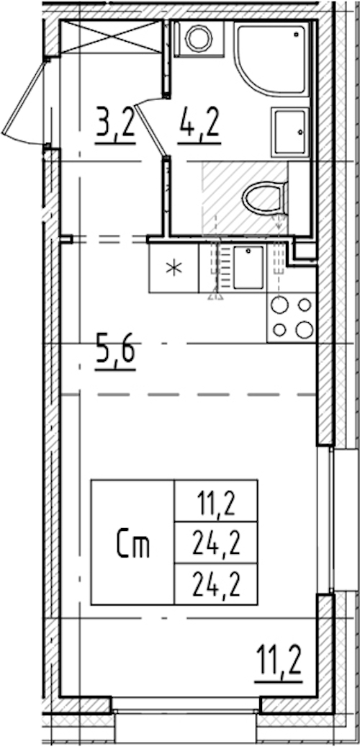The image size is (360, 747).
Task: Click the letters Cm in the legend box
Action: pyautogui.click(x=133, y=546)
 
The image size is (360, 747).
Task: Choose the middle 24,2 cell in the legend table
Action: pyautogui.click(x=216, y=544)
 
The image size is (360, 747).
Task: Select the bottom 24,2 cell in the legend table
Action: pyautogui.click(x=216, y=585)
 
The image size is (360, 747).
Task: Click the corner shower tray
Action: pyautogui.click(x=272, y=59)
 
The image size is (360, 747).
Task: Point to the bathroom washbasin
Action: pyautogui.click(x=290, y=132)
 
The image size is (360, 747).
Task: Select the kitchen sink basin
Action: pyautogui.click(x=248, y=267)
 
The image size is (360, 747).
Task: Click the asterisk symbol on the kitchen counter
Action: pyautogui.click(x=174, y=269)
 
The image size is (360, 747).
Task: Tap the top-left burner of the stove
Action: pyautogui.click(x=279, y=305)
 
